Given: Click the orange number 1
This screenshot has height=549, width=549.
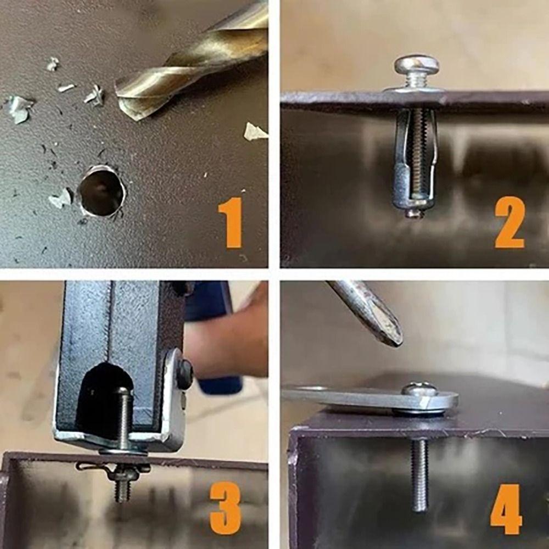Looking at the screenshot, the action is click(231, 223).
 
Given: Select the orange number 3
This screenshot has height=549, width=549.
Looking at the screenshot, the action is click(226, 508).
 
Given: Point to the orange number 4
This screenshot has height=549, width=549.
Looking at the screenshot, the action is click(506, 509).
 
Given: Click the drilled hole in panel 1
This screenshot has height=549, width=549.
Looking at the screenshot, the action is click(102, 192).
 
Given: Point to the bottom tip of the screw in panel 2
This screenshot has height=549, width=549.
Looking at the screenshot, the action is click(413, 216).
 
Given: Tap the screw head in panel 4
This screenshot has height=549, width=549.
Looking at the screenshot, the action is click(419, 389).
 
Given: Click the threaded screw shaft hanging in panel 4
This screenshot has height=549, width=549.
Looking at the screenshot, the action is click(419, 474).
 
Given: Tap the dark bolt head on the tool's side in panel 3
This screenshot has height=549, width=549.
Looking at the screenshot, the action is click(184, 374).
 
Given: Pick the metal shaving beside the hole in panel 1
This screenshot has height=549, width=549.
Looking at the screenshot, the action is click(61, 199).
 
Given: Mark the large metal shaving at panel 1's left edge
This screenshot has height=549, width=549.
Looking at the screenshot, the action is click(18, 109).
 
